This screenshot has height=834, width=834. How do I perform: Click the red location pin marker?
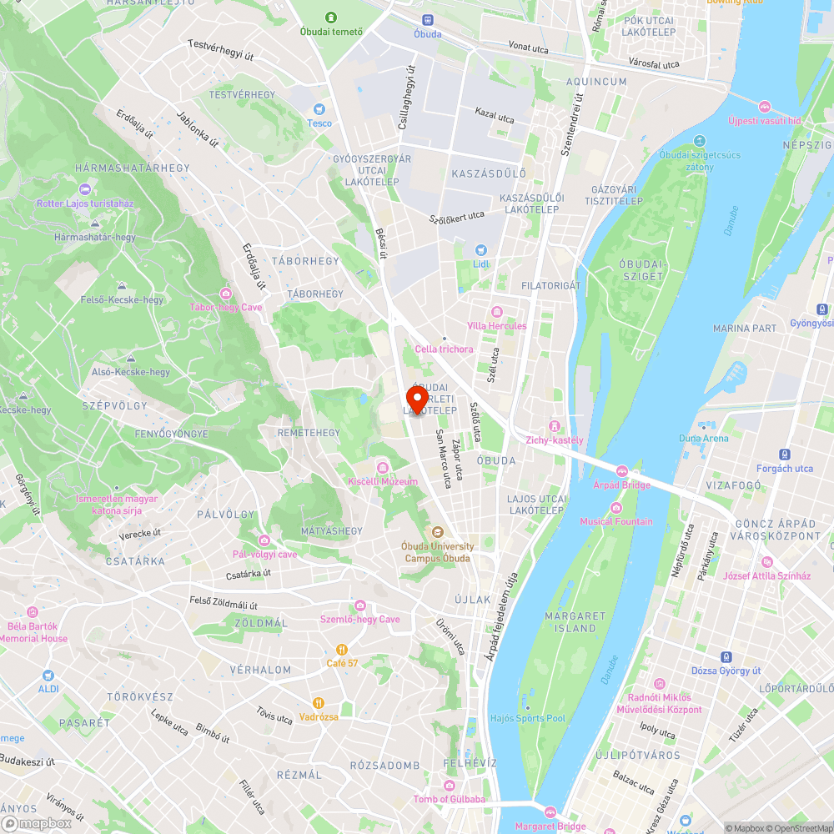click(x=416, y=399)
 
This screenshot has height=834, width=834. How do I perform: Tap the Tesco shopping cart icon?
click(x=319, y=109)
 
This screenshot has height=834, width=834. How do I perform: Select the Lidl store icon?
click(x=480, y=250)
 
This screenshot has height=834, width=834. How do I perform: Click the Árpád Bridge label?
click(x=621, y=485)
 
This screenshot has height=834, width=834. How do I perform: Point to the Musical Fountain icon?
click(x=616, y=508)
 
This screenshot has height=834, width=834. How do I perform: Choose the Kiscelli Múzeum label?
click(x=383, y=481)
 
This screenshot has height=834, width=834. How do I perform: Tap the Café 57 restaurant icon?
click(x=342, y=649)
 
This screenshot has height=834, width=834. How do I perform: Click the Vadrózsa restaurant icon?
click(x=318, y=703)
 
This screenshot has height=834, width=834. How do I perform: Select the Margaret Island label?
click(x=570, y=621)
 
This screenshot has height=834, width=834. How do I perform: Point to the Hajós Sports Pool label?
click(x=528, y=718)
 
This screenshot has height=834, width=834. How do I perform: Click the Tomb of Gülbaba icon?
click(x=450, y=786)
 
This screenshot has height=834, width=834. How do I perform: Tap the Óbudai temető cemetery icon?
click(x=332, y=18)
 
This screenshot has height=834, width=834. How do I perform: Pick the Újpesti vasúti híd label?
click(x=764, y=120)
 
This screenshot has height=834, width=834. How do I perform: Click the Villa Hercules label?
click(x=497, y=325)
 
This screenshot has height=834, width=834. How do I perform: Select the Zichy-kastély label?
click(x=555, y=440)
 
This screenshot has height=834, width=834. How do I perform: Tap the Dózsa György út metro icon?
click(x=726, y=657)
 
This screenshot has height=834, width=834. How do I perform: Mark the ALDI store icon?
click(x=48, y=675)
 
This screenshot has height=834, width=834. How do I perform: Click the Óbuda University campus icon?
click(x=435, y=532)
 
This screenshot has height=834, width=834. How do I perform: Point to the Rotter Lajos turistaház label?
click(x=84, y=203)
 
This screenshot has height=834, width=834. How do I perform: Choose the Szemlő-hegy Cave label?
click(x=360, y=619)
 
